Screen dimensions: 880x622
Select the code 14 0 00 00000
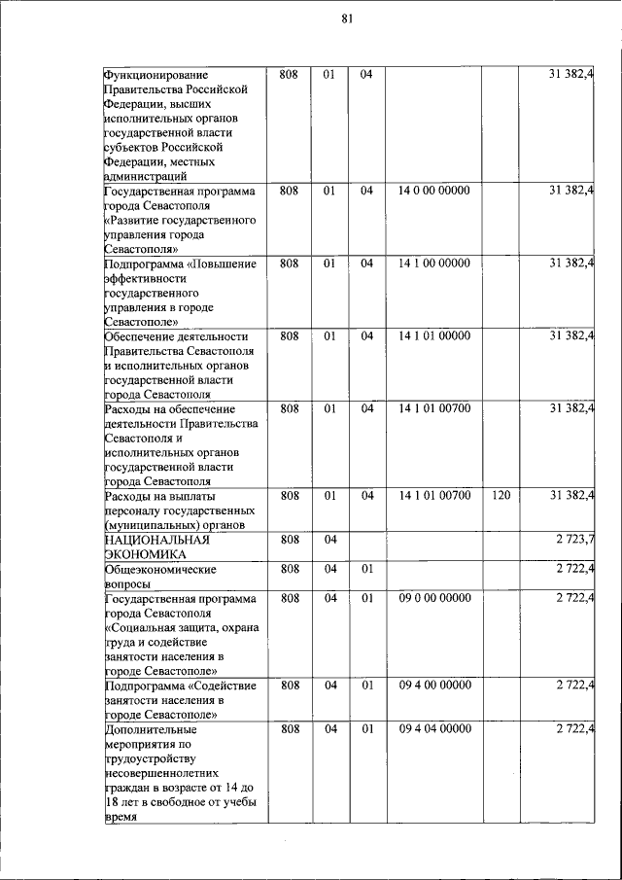[x=433, y=191]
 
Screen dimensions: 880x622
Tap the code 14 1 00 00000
[x=433, y=264]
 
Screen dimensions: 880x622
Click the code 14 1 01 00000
[x=433, y=336]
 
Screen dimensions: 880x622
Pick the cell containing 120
[x=501, y=496]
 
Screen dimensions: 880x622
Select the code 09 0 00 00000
[x=433, y=598]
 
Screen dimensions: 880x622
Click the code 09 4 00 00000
[x=433, y=686]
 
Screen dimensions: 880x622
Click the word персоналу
[x=133, y=510]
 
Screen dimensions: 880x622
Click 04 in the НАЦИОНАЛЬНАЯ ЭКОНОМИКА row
[x=329, y=539]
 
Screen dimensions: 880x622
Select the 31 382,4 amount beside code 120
[x=572, y=496]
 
